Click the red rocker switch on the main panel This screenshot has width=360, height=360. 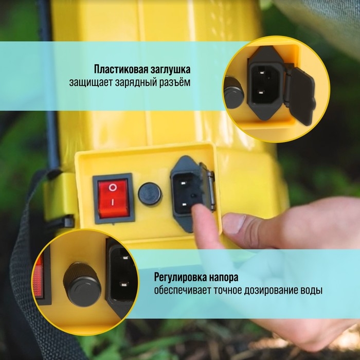(x=113, y=195)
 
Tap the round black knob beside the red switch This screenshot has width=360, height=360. (x=150, y=193)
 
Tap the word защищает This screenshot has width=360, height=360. (x=88, y=82)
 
